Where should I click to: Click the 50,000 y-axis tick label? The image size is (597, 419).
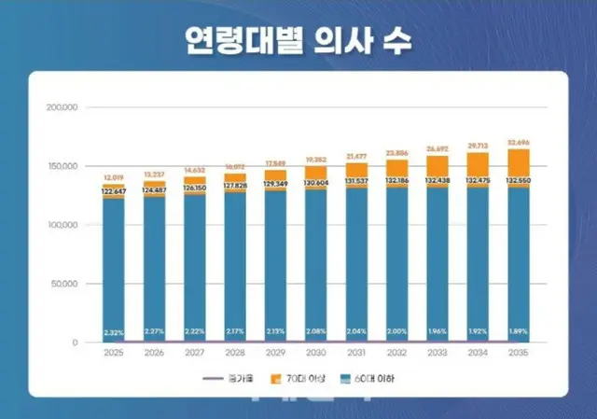pos(64,284)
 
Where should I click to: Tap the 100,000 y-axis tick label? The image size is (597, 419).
pos(62,225)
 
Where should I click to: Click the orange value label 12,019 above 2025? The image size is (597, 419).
pos(114,176)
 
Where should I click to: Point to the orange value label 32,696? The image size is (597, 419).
pos(518,143)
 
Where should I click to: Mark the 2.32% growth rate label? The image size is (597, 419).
pos(114,332)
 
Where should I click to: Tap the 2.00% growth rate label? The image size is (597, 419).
pos(396,332)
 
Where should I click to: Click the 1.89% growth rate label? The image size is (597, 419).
pos(518,332)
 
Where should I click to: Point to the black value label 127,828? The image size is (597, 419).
pos(235,185)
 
